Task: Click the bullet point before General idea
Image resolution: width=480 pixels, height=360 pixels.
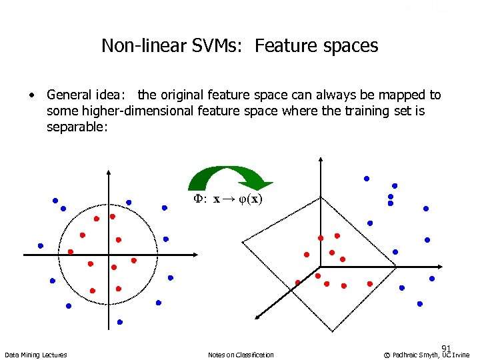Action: pyautogui.click(x=31, y=95)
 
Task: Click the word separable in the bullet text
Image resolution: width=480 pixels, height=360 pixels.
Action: pyautogui.click(x=75, y=125)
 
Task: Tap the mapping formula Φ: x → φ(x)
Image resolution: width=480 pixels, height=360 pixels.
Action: pyautogui.click(x=228, y=199)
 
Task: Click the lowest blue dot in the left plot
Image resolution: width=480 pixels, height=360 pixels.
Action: pyautogui.click(x=120, y=322)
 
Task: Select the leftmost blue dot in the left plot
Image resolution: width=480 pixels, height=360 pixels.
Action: pyautogui.click(x=41, y=245)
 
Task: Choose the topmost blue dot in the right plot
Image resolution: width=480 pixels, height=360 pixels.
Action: pyautogui.click(x=366, y=179)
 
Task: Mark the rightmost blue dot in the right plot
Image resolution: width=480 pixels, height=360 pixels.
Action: pyautogui.click(x=432, y=278)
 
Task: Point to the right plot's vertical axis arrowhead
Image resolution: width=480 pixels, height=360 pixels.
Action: pyautogui.click(x=321, y=160)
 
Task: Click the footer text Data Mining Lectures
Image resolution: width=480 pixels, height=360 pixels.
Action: pyautogui.click(x=35, y=355)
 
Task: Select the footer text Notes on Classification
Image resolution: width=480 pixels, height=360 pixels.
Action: pyautogui.click(x=241, y=355)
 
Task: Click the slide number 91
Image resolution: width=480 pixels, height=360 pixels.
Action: pyautogui.click(x=446, y=348)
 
